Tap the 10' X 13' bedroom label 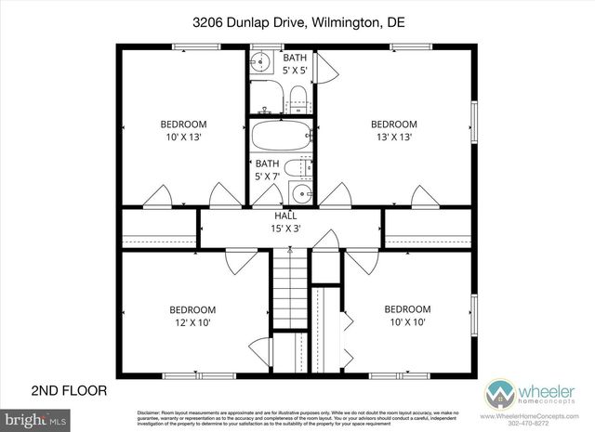click(183, 130)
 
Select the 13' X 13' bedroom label click(393, 130)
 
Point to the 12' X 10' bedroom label click(192, 316)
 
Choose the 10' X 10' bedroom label click(407, 316)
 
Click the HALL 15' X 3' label click(284, 220)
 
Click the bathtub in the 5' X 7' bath click(282, 138)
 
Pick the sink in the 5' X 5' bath click(261, 64)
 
